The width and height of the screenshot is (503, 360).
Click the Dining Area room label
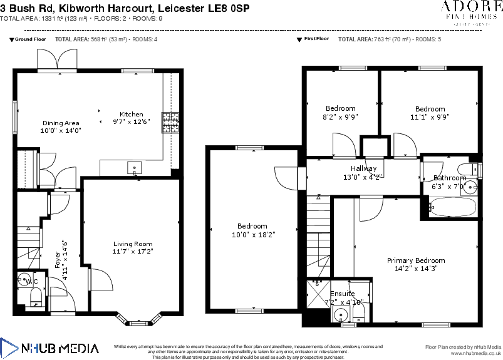(x=61, y=123)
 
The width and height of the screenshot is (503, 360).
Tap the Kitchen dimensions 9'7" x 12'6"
(x=131, y=122)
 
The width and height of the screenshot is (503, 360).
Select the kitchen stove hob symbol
(x=170, y=122)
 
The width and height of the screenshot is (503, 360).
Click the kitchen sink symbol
(x=134, y=167)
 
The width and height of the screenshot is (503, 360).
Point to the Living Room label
(x=132, y=244)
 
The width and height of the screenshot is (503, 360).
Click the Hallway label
(x=363, y=168)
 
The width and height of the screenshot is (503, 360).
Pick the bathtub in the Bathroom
(x=452, y=207)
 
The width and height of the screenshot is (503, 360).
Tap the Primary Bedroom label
(x=415, y=260)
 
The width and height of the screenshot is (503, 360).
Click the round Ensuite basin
(x=341, y=314)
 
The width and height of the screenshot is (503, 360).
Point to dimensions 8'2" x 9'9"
(x=340, y=116)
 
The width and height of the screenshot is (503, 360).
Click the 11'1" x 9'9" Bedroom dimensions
(x=430, y=116)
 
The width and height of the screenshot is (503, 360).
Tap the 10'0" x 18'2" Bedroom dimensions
(x=253, y=234)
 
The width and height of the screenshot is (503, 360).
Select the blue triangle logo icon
(x=9, y=348)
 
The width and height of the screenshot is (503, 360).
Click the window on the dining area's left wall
(x=16, y=117)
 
